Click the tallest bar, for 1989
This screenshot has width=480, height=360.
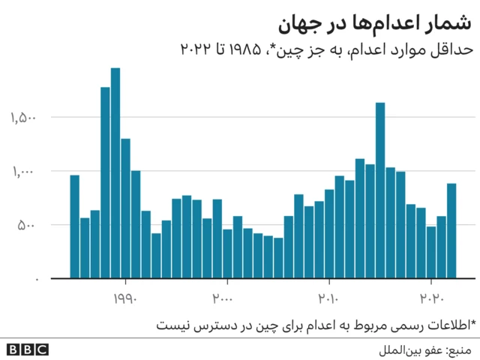(x=115, y=172)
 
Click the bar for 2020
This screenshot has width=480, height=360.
(x=431, y=252)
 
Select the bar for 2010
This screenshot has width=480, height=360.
(x=329, y=233)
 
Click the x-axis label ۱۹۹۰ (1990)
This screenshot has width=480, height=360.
(x=125, y=298)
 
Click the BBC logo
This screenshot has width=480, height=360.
(x=28, y=349)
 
